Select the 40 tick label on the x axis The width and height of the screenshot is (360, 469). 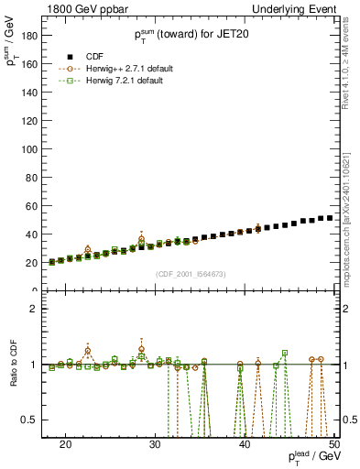(x=245, y=443)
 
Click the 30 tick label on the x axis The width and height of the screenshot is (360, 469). (x=155, y=443)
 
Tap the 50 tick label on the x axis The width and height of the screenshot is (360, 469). (x=333, y=443)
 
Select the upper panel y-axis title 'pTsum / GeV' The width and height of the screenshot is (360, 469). (x=13, y=46)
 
